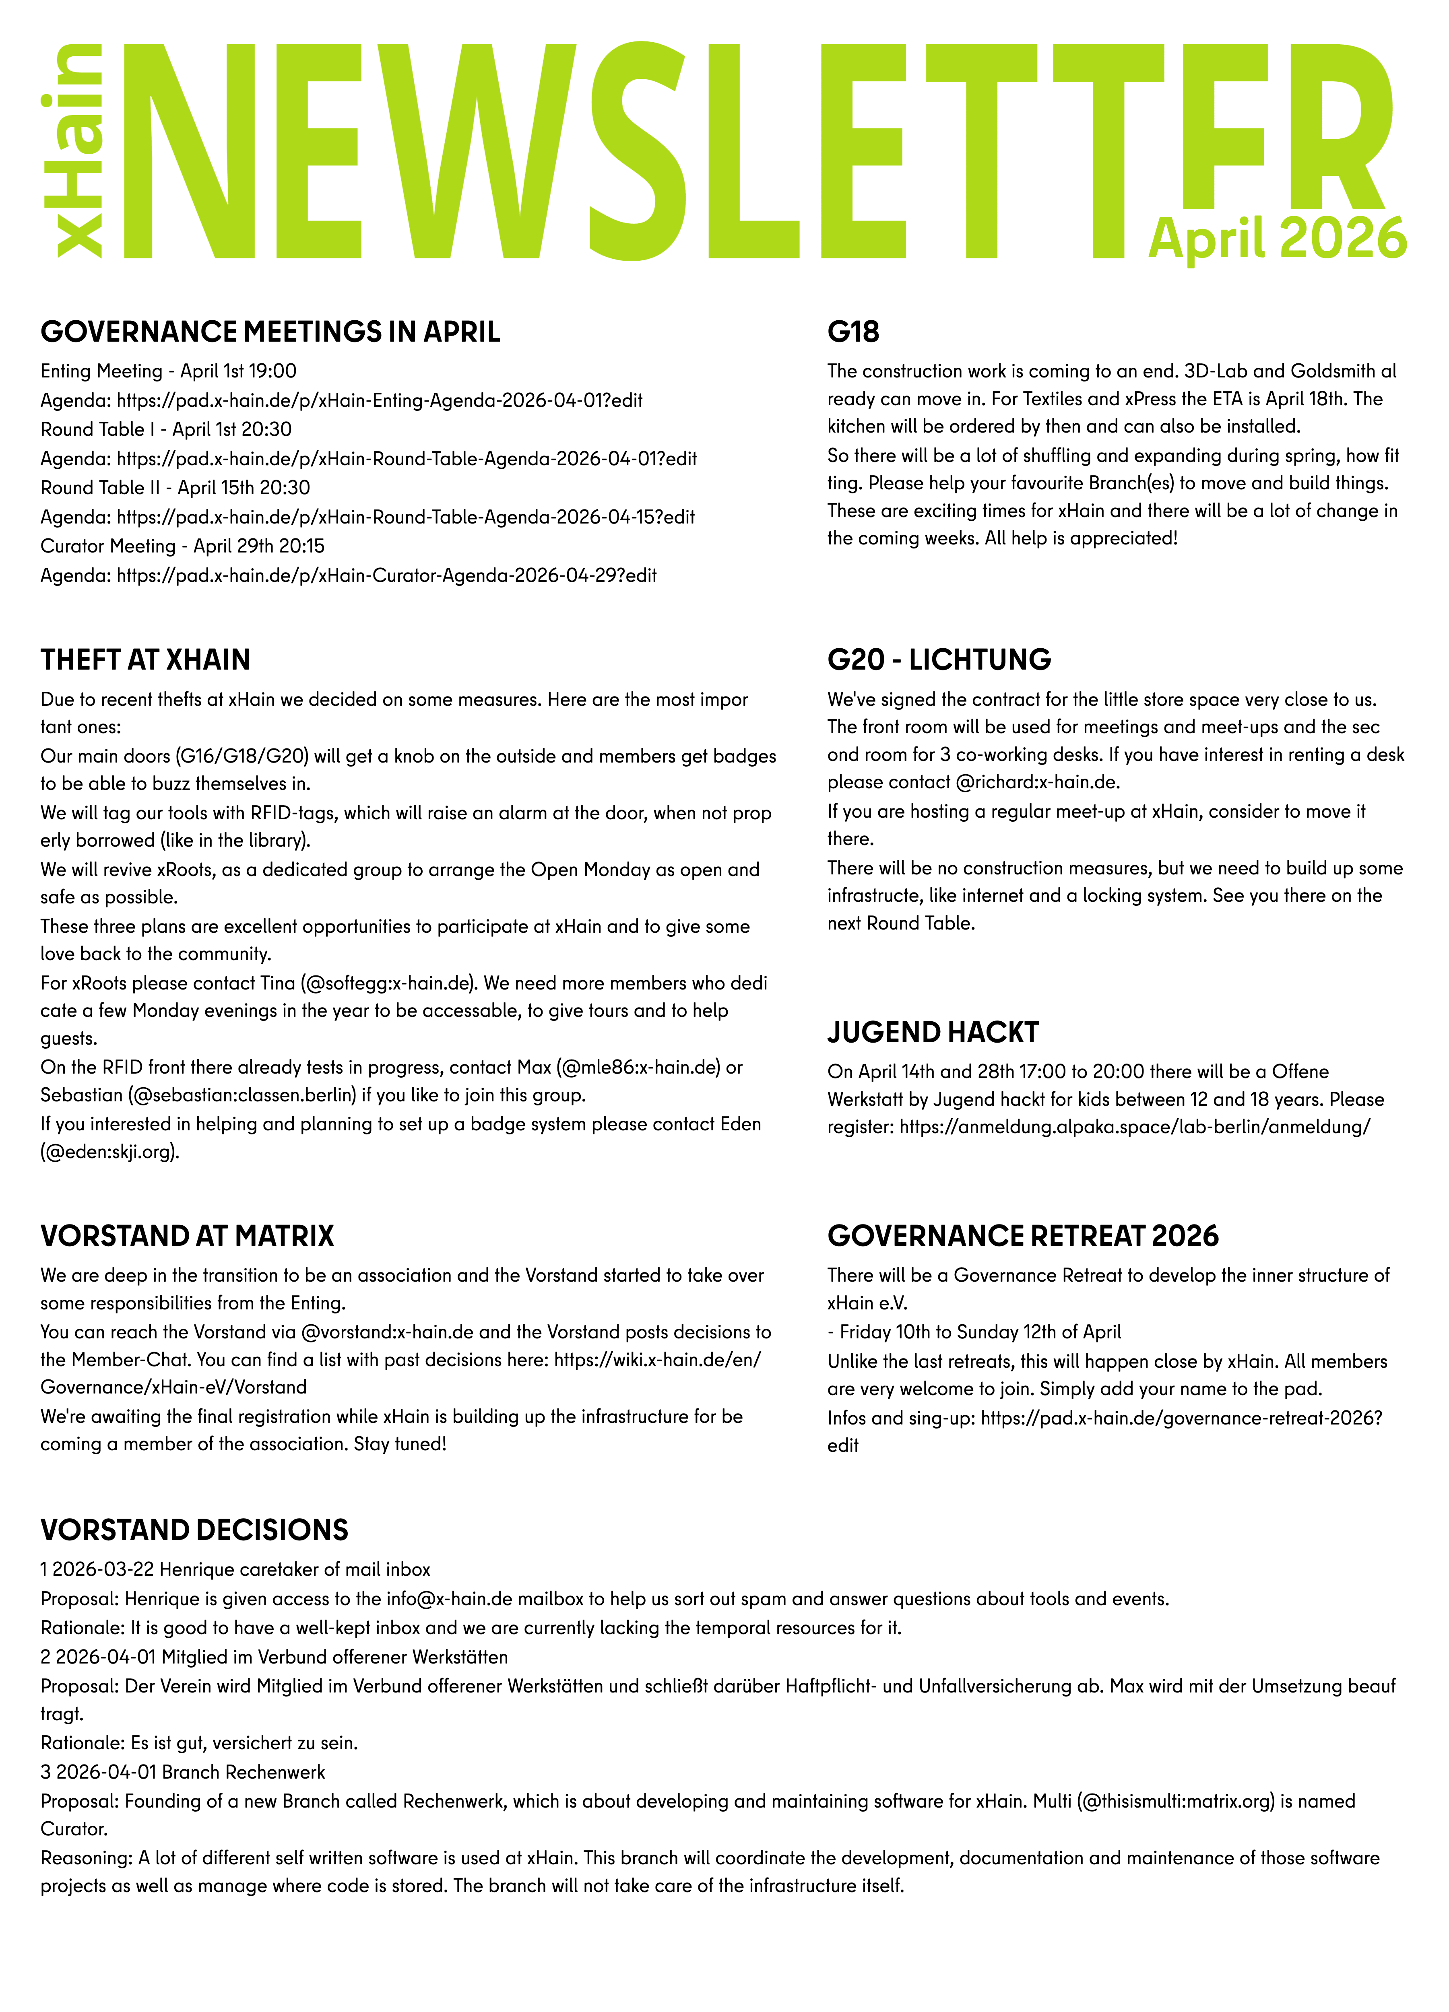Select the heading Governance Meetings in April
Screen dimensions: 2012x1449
[270, 332]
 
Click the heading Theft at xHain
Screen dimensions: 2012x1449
[146, 660]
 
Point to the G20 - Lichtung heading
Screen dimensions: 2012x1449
[939, 660]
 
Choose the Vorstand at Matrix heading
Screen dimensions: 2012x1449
[187, 1236]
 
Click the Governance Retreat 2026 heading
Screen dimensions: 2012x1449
[1023, 1236]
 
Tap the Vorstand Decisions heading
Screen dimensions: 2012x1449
[194, 1530]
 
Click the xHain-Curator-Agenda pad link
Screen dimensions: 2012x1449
[387, 576]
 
